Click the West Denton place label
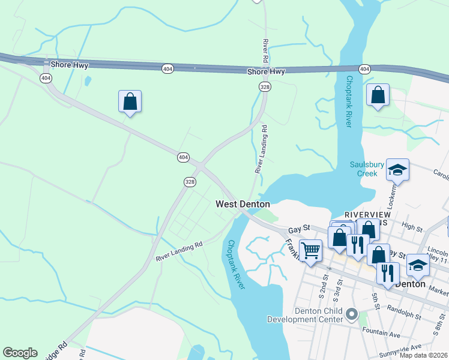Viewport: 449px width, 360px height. pyautogui.click(x=243, y=204)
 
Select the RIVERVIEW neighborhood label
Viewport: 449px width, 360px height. pyautogui.click(x=367, y=214)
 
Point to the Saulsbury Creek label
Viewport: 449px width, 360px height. pyautogui.click(x=372, y=169)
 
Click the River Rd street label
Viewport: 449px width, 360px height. pyautogui.click(x=265, y=53)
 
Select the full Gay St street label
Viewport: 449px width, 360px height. pyautogui.click(x=298, y=229)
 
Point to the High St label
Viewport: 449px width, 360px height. pyautogui.click(x=412, y=227)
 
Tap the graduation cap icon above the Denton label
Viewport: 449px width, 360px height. pyautogui.click(x=418, y=265)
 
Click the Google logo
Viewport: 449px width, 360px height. pyautogui.click(x=20, y=353)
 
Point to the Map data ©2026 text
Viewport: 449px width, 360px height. pyautogui.click(x=424, y=355)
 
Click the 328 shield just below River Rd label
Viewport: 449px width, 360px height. pyautogui.click(x=265, y=87)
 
